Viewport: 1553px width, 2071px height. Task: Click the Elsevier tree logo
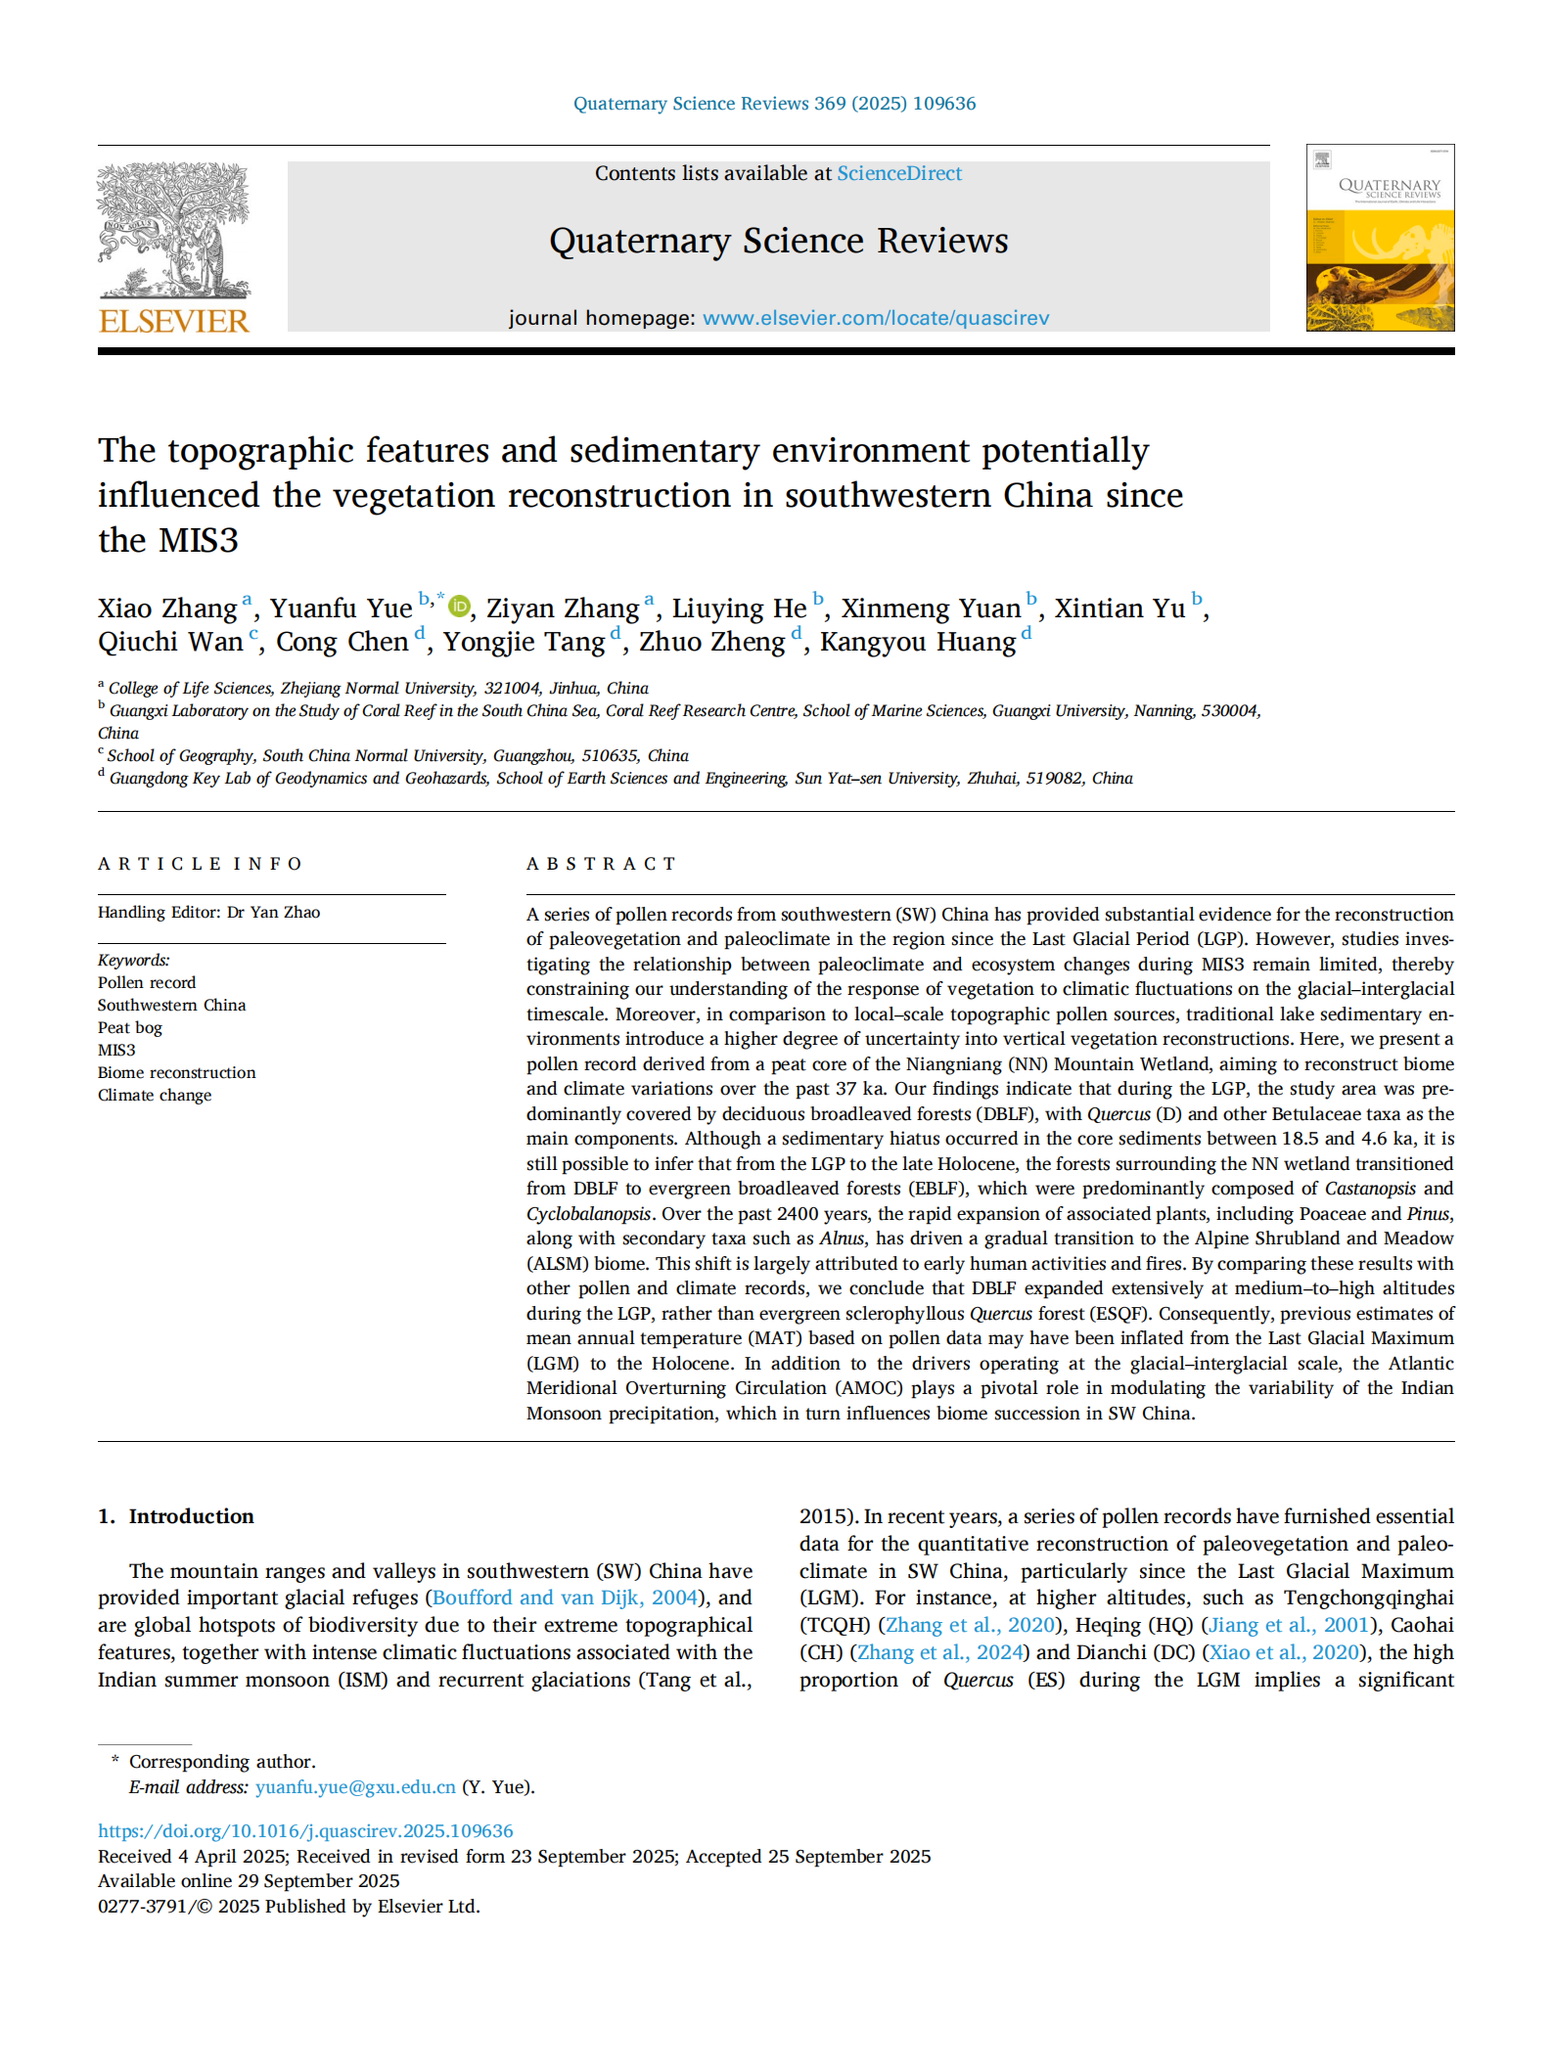click(x=173, y=231)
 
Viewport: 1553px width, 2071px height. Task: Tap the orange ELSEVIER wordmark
click(x=174, y=321)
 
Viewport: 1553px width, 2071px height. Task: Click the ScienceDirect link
click(x=898, y=173)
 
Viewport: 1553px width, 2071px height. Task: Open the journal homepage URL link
click(x=875, y=318)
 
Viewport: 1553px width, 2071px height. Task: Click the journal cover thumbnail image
click(x=1379, y=238)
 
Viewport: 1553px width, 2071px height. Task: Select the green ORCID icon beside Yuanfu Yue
click(x=458, y=607)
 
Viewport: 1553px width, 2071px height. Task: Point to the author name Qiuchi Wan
click(x=170, y=642)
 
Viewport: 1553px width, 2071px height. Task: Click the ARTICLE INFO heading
click(x=200, y=864)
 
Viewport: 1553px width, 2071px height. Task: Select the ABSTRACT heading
click(x=601, y=864)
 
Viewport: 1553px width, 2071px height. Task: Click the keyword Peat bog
click(x=130, y=1027)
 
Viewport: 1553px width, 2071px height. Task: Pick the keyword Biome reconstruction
click(x=176, y=1072)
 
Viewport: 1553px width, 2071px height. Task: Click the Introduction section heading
click(x=191, y=1516)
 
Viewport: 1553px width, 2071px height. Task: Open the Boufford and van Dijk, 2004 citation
click(x=565, y=1598)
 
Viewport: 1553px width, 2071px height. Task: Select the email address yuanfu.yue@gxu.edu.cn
click(x=355, y=1786)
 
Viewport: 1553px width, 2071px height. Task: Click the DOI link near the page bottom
click(x=305, y=1830)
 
